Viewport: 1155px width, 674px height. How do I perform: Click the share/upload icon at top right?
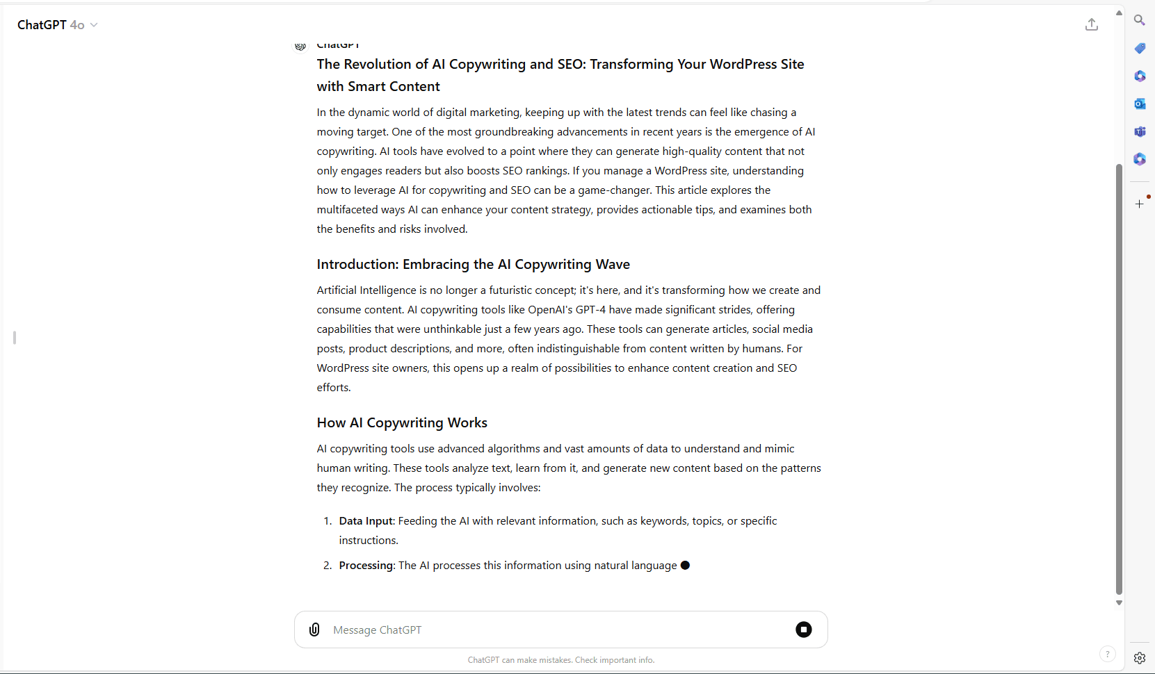(1092, 25)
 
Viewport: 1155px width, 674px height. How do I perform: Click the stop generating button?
(803, 630)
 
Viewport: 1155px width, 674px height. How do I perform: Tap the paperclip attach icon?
(314, 630)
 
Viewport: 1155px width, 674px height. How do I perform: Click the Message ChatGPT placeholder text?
(378, 630)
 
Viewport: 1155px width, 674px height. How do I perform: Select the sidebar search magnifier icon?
(1139, 20)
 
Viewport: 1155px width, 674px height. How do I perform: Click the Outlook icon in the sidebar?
(1139, 104)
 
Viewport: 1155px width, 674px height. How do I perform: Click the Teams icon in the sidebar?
(1139, 131)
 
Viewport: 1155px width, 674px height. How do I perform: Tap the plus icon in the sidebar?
(1139, 204)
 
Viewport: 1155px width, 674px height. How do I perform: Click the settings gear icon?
(1139, 658)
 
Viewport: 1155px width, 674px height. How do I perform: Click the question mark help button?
(1107, 654)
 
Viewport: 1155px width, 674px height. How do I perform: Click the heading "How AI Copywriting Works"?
(402, 422)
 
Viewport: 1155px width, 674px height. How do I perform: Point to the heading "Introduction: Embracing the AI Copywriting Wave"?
(473, 264)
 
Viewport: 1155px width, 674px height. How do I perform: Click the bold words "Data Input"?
(366, 521)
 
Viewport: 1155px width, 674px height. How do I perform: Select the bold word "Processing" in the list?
(366, 566)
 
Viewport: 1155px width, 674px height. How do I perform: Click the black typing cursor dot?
(685, 566)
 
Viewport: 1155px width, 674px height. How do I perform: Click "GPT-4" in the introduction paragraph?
(590, 310)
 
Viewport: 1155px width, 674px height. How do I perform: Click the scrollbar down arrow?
(1119, 602)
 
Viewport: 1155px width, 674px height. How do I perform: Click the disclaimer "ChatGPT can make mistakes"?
(560, 660)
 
